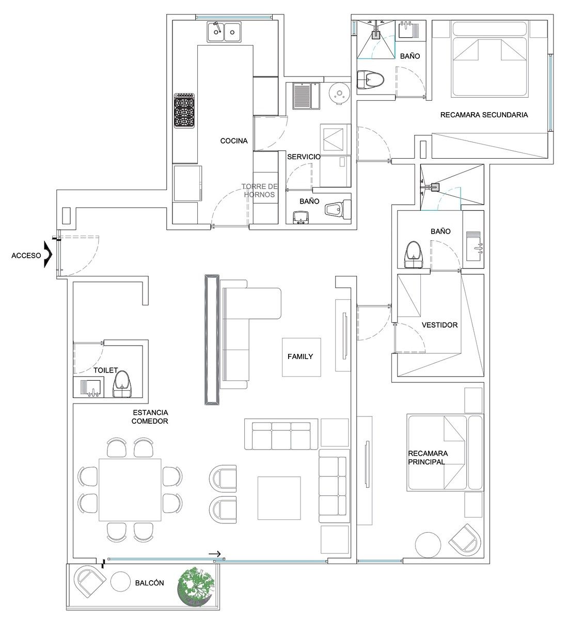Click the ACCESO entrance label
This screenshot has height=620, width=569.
(26, 256)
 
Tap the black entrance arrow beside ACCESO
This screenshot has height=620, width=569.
(48, 254)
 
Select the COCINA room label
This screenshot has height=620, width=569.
(234, 141)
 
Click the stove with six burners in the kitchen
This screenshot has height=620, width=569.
(184, 111)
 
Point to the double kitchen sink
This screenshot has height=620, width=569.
(225, 31)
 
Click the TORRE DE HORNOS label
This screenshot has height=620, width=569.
(260, 190)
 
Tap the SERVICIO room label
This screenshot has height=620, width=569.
(304, 157)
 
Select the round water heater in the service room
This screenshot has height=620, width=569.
(339, 93)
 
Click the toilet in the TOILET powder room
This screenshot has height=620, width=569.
(123, 384)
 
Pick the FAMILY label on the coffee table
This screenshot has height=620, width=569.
(301, 357)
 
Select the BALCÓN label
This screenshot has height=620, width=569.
(150, 583)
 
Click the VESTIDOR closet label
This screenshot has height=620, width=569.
(439, 325)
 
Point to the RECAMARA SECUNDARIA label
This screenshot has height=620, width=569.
(484, 115)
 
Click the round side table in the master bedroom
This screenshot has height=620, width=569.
(428, 545)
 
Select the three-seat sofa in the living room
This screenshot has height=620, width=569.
(281, 434)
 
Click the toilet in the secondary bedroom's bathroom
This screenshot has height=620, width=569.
(370, 80)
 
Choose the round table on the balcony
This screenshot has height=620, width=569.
(120, 582)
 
